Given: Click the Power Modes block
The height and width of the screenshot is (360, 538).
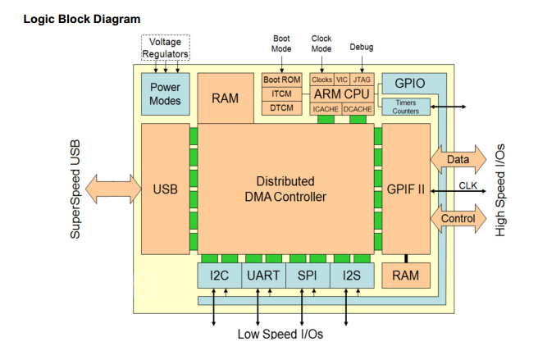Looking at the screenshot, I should pos(165,94).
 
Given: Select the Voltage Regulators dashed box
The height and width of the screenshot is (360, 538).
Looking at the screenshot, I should pos(166,48).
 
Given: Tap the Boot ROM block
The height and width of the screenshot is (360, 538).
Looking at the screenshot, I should pos(282,80).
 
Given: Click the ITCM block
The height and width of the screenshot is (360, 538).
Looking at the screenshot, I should pos(282,93).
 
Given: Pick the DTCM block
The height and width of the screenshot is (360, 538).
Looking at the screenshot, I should pos(282,108).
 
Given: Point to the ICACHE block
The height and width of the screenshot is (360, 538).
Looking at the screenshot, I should pos(326,108).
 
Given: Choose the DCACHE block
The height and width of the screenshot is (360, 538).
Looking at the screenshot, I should pos(358,108).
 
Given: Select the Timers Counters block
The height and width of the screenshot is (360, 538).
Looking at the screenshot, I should pos(405,107).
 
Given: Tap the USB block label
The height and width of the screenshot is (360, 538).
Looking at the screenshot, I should pos(165,189).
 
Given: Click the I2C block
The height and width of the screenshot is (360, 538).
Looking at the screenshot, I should pos(219,276).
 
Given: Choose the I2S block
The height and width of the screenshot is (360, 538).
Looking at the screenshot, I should pos(351,276).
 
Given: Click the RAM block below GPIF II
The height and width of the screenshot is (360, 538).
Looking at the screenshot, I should pos(406,276).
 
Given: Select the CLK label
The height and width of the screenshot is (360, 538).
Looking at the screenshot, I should pos(467,185).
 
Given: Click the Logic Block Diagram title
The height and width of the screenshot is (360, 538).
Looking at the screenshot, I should pos(82,19).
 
